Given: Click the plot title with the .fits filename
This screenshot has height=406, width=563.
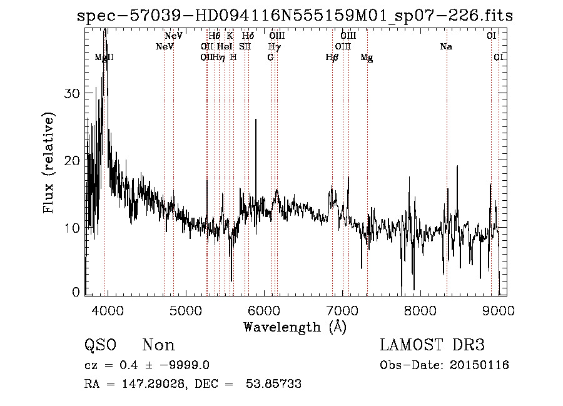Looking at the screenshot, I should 294,16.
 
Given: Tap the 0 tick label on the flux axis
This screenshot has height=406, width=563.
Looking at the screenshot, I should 76,292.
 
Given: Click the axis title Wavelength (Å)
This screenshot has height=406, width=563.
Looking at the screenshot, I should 295,327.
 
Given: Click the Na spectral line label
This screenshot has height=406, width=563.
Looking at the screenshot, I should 446,47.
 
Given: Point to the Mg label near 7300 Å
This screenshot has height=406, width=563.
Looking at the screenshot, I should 367,58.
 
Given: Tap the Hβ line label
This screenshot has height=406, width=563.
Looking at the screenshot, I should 332,58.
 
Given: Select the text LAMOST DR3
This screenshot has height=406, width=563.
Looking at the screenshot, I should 432,345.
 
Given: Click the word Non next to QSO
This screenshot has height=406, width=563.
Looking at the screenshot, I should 158,345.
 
